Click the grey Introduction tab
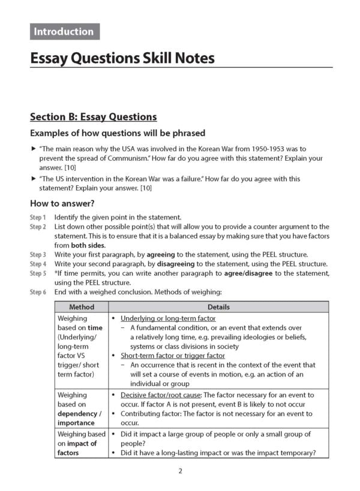(64, 32)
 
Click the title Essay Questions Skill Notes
(122, 58)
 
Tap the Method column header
(82, 307)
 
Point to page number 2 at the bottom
(180, 471)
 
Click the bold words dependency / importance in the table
(79, 418)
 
